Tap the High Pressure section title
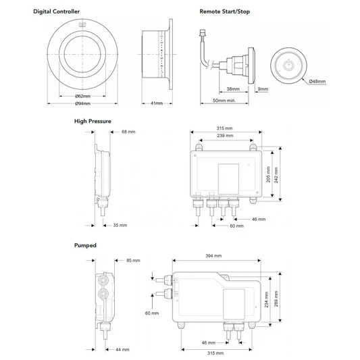tap(93, 122)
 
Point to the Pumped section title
tap(85, 247)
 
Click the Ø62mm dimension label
tap(83, 97)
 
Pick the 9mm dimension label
tap(263, 89)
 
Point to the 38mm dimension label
tap(233, 89)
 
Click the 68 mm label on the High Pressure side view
tap(128, 132)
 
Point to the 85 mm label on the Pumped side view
tap(133, 260)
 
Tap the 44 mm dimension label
tap(122, 349)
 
